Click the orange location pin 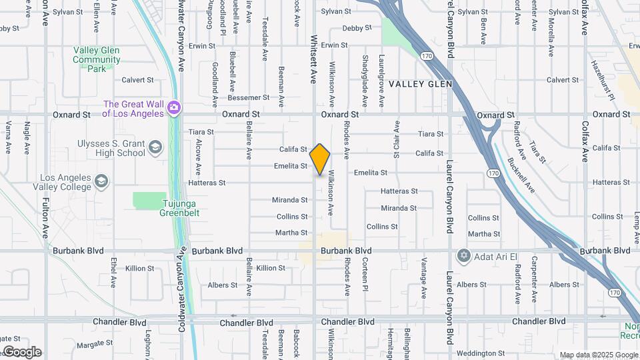[x=320, y=159]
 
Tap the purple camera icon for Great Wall [x=174, y=107]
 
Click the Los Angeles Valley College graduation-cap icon [x=101, y=181]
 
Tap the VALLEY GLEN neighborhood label [x=420, y=84]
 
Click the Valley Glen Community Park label [x=97, y=59]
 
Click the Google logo [x=23, y=352]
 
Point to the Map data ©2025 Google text [x=598, y=355]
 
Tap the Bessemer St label [x=248, y=97]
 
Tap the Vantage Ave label [x=424, y=277]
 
